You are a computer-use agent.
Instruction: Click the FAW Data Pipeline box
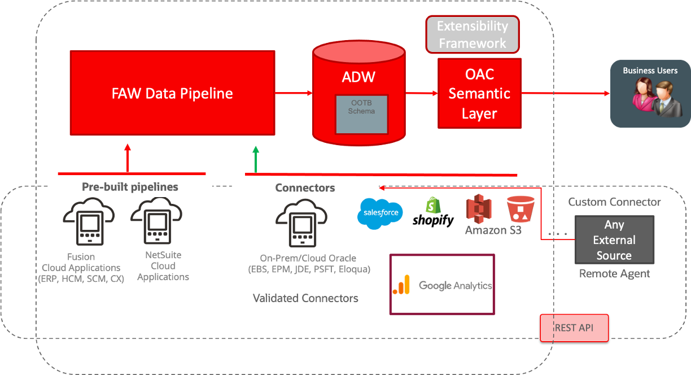click(172, 93)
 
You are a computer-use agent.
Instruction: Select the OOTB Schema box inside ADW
click(362, 114)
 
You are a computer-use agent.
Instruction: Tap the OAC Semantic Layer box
click(479, 94)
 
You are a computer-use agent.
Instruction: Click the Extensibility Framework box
click(473, 34)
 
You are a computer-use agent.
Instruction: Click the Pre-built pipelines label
click(130, 187)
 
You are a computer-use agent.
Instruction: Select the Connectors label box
click(305, 187)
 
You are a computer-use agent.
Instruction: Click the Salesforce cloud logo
click(380, 213)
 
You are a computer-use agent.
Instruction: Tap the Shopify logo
click(433, 212)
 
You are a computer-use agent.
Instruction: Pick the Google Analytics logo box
click(442, 285)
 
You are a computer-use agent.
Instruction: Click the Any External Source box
click(614, 239)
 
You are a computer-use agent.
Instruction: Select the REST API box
click(574, 328)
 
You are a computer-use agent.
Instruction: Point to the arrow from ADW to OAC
click(421, 93)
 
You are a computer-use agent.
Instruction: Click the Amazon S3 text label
click(493, 230)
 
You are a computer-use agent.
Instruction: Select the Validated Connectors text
click(305, 298)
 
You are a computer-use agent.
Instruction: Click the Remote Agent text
click(614, 274)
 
